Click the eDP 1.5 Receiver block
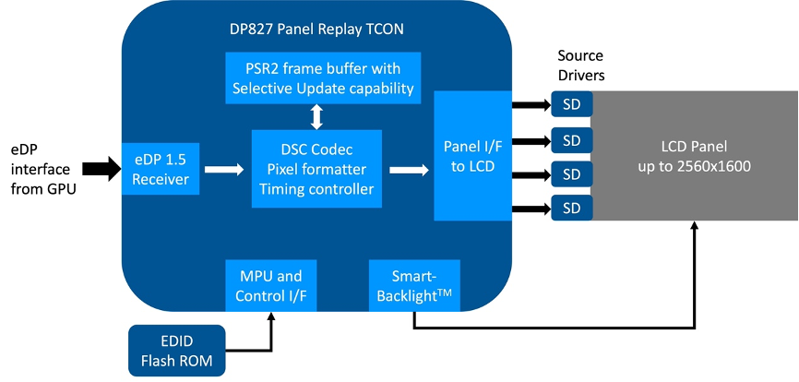[x=161, y=169]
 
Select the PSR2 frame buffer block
[x=323, y=78]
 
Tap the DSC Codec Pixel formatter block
[x=316, y=169]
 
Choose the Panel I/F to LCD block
[x=472, y=156]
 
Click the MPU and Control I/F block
[x=270, y=285]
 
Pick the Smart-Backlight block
[x=414, y=285]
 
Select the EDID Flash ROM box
[x=177, y=351]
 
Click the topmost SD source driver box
[x=572, y=104]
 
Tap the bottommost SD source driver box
[x=572, y=208]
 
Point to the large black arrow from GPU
[x=101, y=169]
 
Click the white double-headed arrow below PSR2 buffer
[x=317, y=116]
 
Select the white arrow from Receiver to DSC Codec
[x=224, y=169]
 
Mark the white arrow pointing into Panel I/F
[x=409, y=169]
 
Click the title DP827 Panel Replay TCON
[x=316, y=29]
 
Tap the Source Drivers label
[x=580, y=66]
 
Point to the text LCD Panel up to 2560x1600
[x=694, y=156]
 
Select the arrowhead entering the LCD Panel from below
[x=694, y=226]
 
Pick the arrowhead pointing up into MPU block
[x=270, y=316]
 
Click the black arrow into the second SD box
[x=531, y=140]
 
